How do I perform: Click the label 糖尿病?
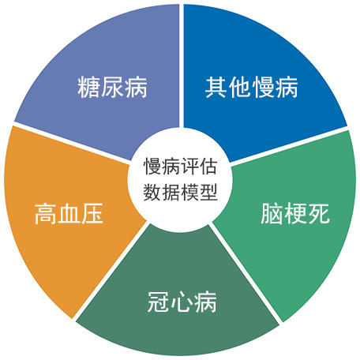(x=112, y=87)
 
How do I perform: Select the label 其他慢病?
(x=252, y=87)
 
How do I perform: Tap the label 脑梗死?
(x=295, y=213)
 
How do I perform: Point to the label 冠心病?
(x=182, y=302)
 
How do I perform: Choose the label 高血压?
(x=69, y=213)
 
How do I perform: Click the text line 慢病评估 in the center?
(x=181, y=167)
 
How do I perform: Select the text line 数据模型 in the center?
(x=181, y=193)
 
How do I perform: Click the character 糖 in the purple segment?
(x=88, y=87)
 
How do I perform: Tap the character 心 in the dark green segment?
(x=182, y=302)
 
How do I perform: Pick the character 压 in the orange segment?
(x=92, y=213)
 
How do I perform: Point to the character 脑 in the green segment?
(x=272, y=213)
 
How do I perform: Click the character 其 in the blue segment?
(x=216, y=87)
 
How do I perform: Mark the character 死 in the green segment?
(x=319, y=213)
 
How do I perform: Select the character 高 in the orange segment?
(x=46, y=213)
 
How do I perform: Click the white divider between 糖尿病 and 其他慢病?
(x=182, y=66)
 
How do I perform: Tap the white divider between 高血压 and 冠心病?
(x=110, y=270)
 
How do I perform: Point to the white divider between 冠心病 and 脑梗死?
(x=246, y=273)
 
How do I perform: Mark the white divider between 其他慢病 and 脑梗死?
(x=289, y=145)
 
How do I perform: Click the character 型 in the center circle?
(x=208, y=193)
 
